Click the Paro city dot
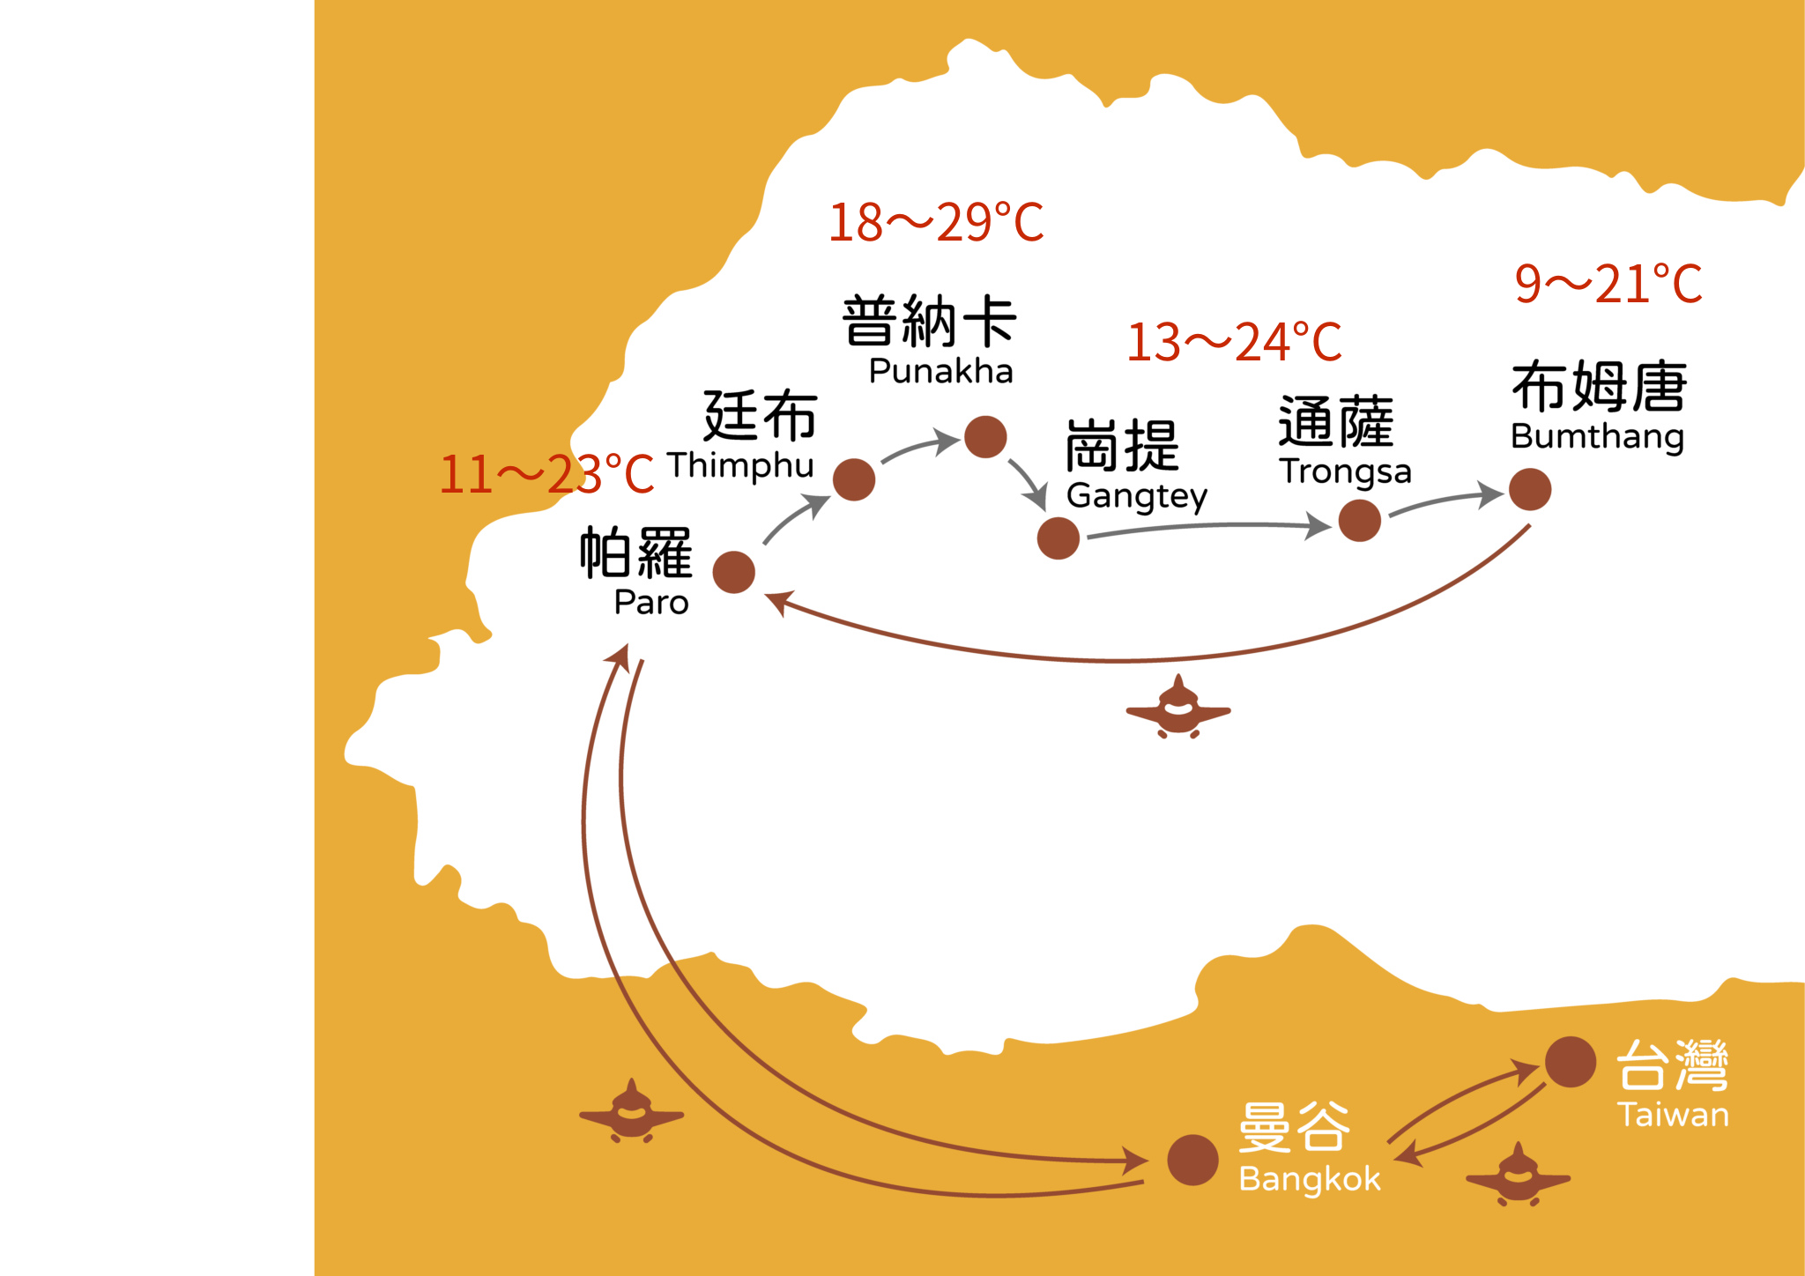[733, 573]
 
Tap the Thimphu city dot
[853, 479]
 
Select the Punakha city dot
[985, 437]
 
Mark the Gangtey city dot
[1058, 538]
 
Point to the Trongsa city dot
[1359, 520]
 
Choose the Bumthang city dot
[1530, 489]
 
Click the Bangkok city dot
[1192, 1160]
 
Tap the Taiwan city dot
[1571, 1061]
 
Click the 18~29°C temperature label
[936, 222]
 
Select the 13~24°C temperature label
[1234, 342]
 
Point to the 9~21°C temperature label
[1608, 284]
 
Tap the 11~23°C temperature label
[546, 474]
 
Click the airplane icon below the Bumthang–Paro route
[1178, 708]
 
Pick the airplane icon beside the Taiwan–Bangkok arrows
[1518, 1176]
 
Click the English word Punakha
[940, 372]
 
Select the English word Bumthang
[1597, 436]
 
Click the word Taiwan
[1673, 1115]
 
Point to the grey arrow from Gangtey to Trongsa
[1207, 527]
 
